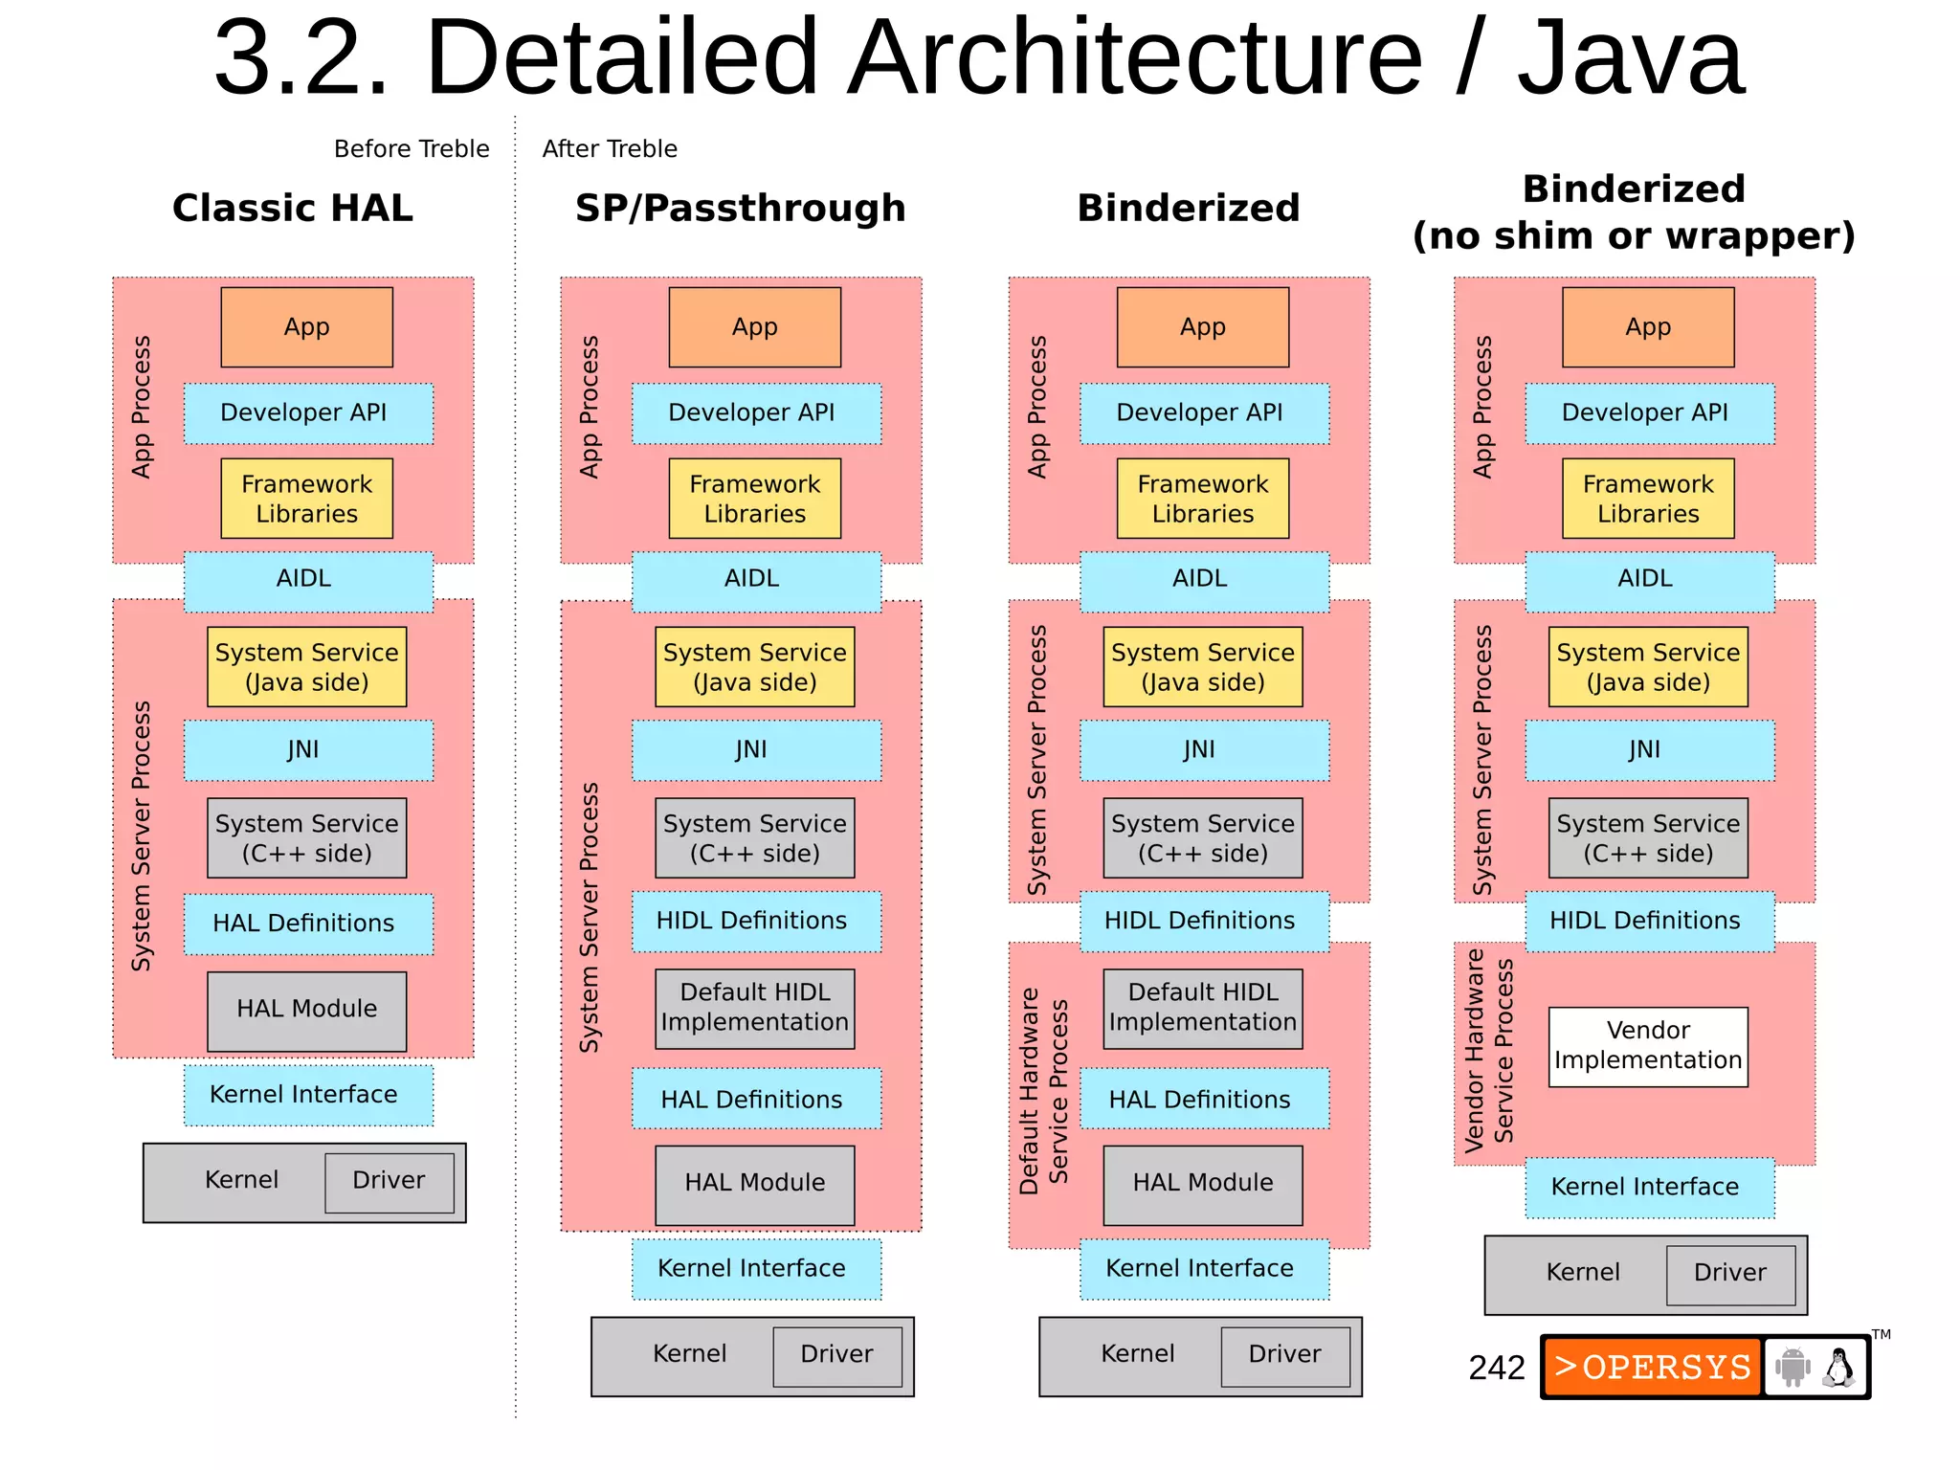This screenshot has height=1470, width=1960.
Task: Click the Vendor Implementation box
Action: [x=1647, y=1046]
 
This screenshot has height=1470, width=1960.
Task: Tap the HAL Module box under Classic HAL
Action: [x=306, y=1010]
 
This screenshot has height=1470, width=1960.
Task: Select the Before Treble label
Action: [x=412, y=149]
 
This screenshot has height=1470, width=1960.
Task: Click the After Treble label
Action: [x=610, y=149]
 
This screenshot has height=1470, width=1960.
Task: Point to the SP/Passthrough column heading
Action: [x=740, y=208]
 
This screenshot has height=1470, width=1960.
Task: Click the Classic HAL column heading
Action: [x=292, y=208]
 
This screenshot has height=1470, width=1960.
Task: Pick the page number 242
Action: [x=1497, y=1368]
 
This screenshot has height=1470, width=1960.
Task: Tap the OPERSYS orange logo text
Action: [x=1653, y=1367]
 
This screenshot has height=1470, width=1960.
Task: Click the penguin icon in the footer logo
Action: [x=1837, y=1368]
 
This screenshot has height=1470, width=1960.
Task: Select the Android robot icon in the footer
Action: [x=1793, y=1367]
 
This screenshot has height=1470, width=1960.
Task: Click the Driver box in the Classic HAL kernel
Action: [x=389, y=1181]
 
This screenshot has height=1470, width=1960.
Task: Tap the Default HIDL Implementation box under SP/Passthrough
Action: [x=754, y=1008]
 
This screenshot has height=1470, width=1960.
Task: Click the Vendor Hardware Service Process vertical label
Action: [x=1488, y=1050]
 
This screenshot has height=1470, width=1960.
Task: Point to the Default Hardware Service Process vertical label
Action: [x=1042, y=1091]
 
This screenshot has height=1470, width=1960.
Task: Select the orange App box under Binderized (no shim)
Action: [x=1647, y=327]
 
